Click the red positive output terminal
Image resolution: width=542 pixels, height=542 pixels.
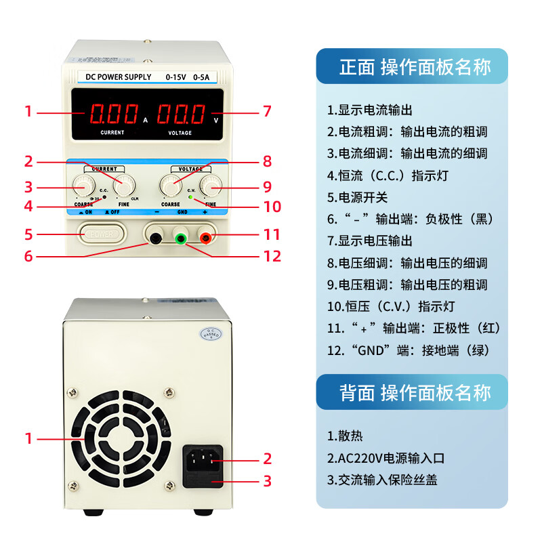click(205, 237)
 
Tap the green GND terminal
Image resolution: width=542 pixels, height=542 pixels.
click(180, 238)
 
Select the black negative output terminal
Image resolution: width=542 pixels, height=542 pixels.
click(156, 238)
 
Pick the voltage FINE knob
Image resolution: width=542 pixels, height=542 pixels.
click(211, 184)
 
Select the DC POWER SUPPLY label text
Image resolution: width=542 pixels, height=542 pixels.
click(114, 77)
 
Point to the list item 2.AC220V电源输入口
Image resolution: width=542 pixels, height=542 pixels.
click(385, 458)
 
